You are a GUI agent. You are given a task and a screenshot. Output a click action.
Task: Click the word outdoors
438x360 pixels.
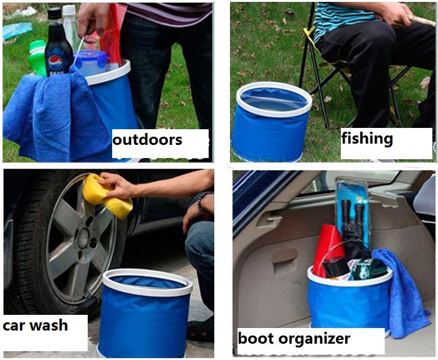click(147, 139)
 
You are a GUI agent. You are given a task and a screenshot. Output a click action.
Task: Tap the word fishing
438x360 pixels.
click(367, 139)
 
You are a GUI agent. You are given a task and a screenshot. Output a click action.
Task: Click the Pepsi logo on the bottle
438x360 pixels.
click(55, 63)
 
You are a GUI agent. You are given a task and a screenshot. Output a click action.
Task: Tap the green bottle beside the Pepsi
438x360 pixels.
click(37, 58)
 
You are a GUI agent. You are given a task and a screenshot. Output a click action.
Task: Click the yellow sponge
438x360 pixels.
click(107, 196)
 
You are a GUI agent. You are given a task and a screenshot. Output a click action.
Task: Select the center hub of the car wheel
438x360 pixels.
click(84, 238)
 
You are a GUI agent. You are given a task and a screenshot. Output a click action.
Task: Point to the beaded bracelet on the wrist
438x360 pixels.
click(204, 202)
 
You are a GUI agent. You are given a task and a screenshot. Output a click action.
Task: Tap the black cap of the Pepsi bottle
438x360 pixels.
click(54, 13)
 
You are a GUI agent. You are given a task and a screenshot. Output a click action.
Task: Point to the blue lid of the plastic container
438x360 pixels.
click(91, 58)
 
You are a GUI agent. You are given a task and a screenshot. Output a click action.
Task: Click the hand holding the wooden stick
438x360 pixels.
click(394, 13)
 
